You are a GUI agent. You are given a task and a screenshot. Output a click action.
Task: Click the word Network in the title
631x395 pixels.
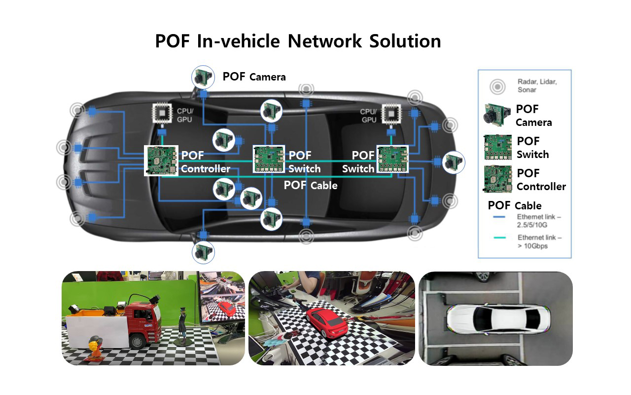tap(324, 41)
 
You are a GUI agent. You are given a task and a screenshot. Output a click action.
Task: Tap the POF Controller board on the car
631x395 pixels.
tap(161, 160)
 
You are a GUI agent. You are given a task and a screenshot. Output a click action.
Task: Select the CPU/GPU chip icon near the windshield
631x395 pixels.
tap(162, 113)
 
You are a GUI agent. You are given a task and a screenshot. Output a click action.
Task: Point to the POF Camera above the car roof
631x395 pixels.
tap(203, 77)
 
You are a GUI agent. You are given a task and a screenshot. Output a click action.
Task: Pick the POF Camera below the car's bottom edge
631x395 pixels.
tap(203, 252)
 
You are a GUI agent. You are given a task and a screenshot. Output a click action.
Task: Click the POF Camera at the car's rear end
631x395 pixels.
tap(454, 162)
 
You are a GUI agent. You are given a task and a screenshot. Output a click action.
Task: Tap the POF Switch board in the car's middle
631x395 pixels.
tap(269, 159)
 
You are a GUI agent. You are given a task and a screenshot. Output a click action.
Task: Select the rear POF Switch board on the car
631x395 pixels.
tap(393, 159)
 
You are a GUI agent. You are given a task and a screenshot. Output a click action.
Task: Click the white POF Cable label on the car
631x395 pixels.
tap(311, 185)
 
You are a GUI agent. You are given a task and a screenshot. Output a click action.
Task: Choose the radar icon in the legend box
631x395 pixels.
tap(497, 86)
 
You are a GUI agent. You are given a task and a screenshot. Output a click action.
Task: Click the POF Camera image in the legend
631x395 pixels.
tap(497, 115)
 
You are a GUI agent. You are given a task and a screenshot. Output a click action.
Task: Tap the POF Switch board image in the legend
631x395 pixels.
tap(498, 147)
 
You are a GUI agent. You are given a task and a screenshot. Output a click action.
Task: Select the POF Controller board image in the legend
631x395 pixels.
tap(498, 179)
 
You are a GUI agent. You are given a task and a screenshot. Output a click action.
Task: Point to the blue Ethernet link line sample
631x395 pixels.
tap(499, 217)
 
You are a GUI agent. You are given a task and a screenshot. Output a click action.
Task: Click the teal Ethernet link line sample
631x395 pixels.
tap(500, 237)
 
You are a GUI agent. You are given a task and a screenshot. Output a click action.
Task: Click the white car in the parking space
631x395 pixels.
tap(498, 319)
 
